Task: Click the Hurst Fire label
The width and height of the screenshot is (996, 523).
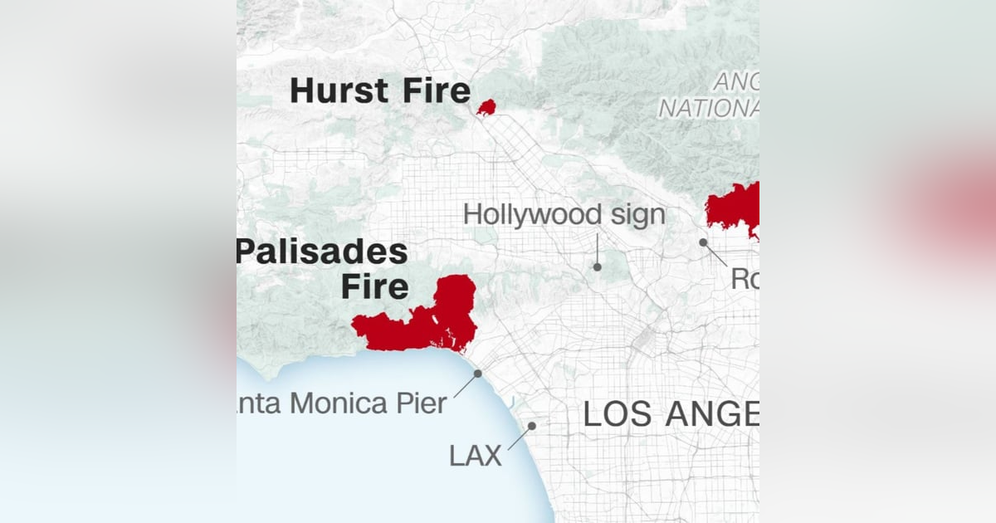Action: (380, 91)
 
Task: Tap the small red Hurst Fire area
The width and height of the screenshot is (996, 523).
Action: (486, 107)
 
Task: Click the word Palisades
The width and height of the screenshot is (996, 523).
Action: (322, 252)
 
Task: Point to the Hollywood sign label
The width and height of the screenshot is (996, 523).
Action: (564, 214)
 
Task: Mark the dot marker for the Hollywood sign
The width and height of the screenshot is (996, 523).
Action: (597, 266)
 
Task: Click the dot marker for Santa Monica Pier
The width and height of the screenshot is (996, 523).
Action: (478, 374)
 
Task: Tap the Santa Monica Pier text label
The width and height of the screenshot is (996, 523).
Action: (342, 404)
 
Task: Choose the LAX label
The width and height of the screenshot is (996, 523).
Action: (476, 455)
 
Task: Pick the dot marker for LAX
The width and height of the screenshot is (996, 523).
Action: (532, 426)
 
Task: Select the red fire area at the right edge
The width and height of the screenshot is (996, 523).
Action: (735, 208)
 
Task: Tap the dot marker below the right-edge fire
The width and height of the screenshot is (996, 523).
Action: (703, 242)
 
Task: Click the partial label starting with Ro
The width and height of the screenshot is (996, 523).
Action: (745, 280)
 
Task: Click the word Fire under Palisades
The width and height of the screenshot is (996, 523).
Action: (375, 286)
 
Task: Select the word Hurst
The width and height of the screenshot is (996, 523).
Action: (340, 91)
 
